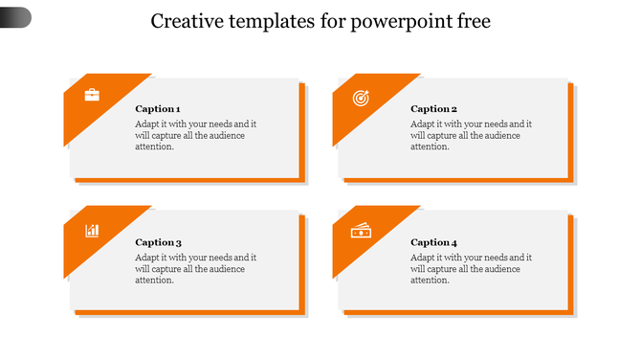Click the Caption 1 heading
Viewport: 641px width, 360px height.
coord(158,109)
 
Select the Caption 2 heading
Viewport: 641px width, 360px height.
coord(433,109)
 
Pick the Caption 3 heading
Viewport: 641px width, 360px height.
coord(158,242)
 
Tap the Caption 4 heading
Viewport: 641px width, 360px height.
coord(433,242)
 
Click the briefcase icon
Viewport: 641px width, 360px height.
coord(92,95)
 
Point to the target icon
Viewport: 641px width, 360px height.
coord(361,97)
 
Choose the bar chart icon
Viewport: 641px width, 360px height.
coord(92,230)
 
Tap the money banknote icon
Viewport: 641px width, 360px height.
coord(361,230)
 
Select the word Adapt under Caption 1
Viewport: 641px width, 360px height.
coord(147,124)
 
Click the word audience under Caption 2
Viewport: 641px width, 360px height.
coord(501,135)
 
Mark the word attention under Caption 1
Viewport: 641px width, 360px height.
coord(154,146)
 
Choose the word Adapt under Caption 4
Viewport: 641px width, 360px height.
coord(423,258)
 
